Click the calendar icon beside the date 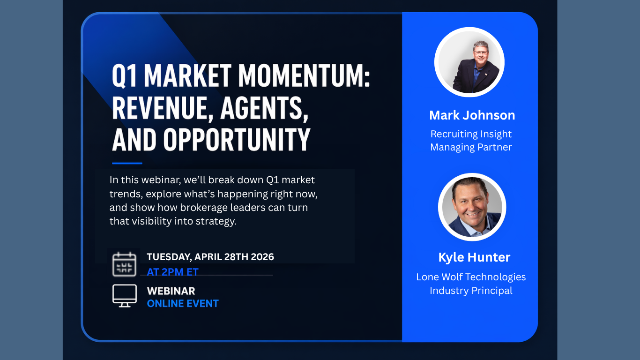click(124, 264)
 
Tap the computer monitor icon click(125, 296)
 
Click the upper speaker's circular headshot click(469, 62)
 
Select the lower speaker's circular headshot click(472, 207)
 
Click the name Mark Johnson click(472, 115)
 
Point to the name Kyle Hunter click(474, 257)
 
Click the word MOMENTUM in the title click(304, 75)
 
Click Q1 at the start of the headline click(124, 76)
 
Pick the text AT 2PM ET click(172, 272)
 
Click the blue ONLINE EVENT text click(183, 303)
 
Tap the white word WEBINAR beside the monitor click(171, 291)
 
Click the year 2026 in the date click(262, 257)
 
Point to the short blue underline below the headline click(127, 163)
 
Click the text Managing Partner click(471, 147)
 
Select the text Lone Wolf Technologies click(471, 277)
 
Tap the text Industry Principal click(471, 291)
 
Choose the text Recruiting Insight click(471, 134)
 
